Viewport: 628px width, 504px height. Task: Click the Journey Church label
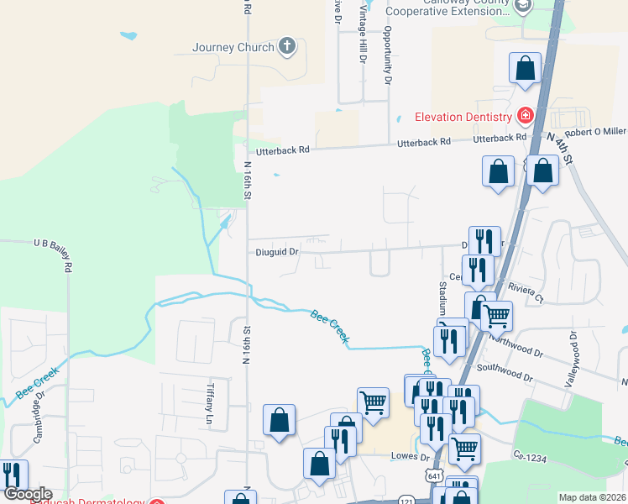click(x=233, y=47)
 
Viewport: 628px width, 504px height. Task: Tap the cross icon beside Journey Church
click(x=287, y=46)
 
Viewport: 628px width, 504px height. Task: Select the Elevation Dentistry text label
click(x=464, y=117)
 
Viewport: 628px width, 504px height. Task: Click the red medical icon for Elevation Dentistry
click(x=526, y=115)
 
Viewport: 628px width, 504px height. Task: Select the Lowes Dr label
click(x=411, y=458)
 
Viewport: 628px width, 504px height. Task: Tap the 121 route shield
click(x=407, y=499)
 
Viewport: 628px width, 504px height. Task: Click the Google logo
click(x=27, y=495)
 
